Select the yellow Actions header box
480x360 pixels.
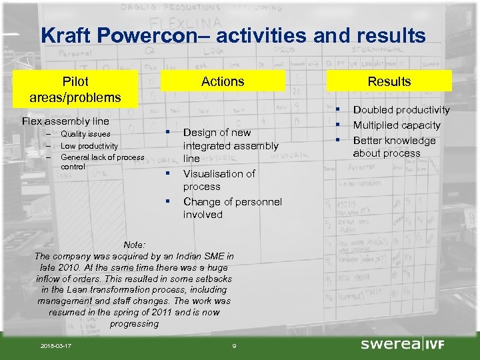(223, 81)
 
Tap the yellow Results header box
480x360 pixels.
(389, 81)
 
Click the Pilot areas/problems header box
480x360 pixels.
(75, 89)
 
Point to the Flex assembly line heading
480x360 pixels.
(65, 121)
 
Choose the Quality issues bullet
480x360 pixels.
(85, 134)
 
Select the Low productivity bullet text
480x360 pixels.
(89, 145)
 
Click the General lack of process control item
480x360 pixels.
(101, 161)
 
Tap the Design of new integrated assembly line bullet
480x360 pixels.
(230, 145)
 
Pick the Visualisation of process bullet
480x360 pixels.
(219, 180)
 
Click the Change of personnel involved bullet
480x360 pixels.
(232, 208)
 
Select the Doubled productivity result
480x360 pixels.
(401, 110)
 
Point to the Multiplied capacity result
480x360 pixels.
(397, 125)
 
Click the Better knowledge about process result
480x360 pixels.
(394, 147)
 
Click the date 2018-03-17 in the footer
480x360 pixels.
(57, 345)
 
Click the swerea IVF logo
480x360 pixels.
(402, 344)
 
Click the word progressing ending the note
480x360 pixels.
(134, 323)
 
